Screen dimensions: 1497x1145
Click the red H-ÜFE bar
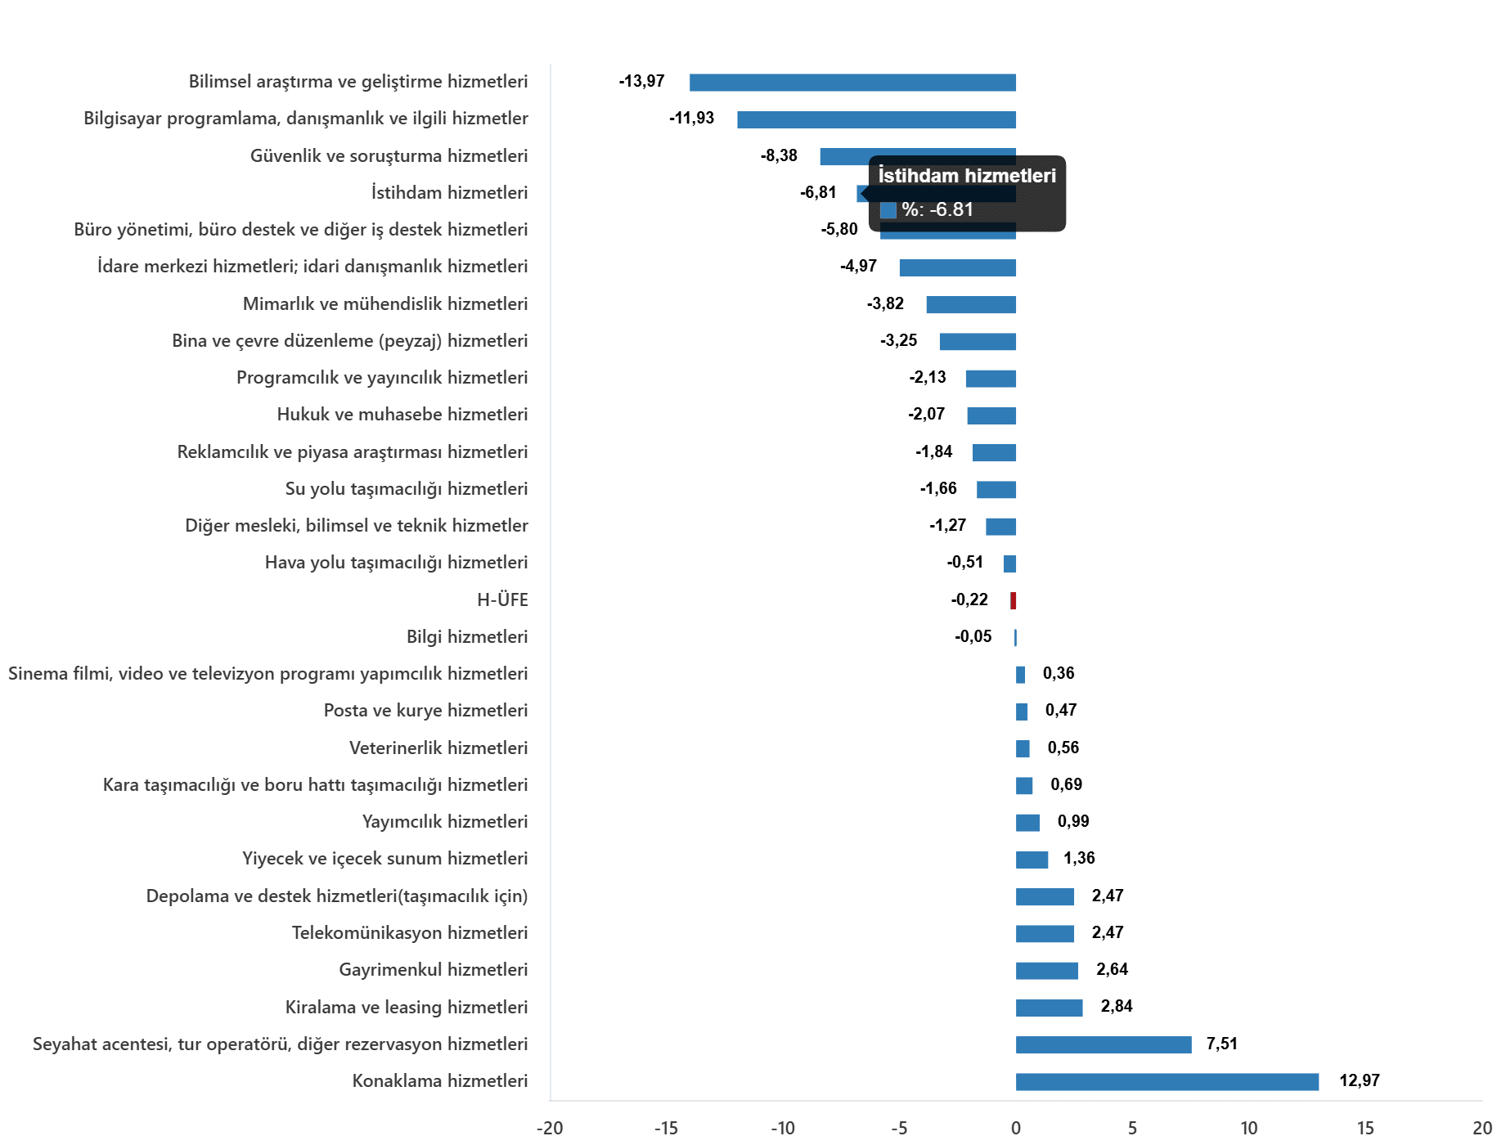pos(1013,600)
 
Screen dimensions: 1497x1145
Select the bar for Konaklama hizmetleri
pos(1167,1081)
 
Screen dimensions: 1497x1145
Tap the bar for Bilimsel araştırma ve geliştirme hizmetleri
pos(852,82)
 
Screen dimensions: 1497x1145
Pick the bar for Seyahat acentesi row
pos(1104,1044)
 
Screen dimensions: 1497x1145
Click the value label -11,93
pos(691,118)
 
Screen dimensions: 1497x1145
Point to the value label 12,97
pos(1360,1080)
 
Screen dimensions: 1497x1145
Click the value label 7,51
pos(1222,1044)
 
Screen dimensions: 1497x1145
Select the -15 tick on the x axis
pos(666,1128)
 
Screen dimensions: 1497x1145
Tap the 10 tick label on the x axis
pos(1249,1128)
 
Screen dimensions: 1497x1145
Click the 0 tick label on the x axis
pos(1016,1128)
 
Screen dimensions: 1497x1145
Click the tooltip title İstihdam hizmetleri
pos(967,176)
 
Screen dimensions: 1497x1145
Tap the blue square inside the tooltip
pos(888,210)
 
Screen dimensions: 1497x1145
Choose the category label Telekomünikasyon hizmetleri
pos(410,932)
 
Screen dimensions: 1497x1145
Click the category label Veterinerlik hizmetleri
pos(438,748)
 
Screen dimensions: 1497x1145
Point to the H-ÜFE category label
pos(502,599)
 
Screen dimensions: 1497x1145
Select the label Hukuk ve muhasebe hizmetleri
pos(402,414)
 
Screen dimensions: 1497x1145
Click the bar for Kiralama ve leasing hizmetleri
pos(1049,1008)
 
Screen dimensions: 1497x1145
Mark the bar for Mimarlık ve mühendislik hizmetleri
pos(971,304)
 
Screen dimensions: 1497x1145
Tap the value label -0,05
pos(973,636)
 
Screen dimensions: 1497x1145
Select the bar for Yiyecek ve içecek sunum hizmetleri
pos(1032,860)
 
